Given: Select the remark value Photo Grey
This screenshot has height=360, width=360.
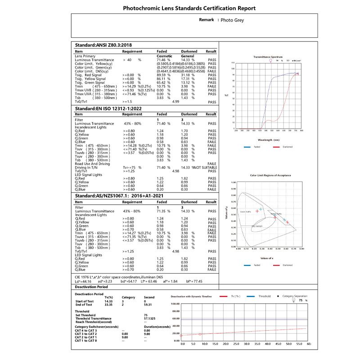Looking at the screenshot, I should (234, 20).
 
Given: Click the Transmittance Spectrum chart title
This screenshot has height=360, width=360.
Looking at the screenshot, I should (268, 57).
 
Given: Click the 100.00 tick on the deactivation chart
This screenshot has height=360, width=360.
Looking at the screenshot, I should (175, 304).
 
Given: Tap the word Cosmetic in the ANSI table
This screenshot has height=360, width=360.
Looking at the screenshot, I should (164, 56).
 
